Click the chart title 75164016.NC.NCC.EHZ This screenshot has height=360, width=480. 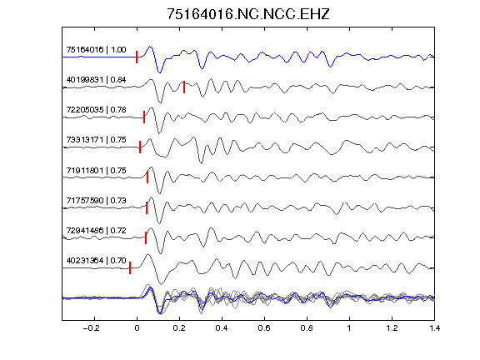click(248, 14)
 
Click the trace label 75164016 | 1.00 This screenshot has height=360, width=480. click(96, 50)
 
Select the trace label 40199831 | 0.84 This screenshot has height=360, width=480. click(96, 80)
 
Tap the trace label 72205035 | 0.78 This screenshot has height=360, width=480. click(96, 110)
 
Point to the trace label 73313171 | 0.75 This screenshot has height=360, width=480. click(96, 140)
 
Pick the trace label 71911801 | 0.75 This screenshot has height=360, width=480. click(96, 170)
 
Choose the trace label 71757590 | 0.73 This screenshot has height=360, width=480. click(96, 201)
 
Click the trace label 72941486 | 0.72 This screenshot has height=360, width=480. click(96, 230)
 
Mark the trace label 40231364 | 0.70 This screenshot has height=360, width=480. click(96, 261)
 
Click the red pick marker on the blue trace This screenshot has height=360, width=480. click(137, 57)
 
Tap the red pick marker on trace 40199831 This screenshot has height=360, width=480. click(184, 87)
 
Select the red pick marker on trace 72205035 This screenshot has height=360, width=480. click(144, 117)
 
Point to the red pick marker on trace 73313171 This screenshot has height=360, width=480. click(140, 147)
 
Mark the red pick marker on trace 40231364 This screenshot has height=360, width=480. click(130, 267)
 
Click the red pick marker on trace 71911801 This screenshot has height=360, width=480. click(147, 177)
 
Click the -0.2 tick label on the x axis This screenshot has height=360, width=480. click(91, 328)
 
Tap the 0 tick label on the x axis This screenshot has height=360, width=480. click(137, 328)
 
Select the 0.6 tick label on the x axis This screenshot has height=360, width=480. click(264, 328)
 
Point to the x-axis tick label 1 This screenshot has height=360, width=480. click(349, 328)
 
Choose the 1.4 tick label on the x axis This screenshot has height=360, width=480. click(434, 328)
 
